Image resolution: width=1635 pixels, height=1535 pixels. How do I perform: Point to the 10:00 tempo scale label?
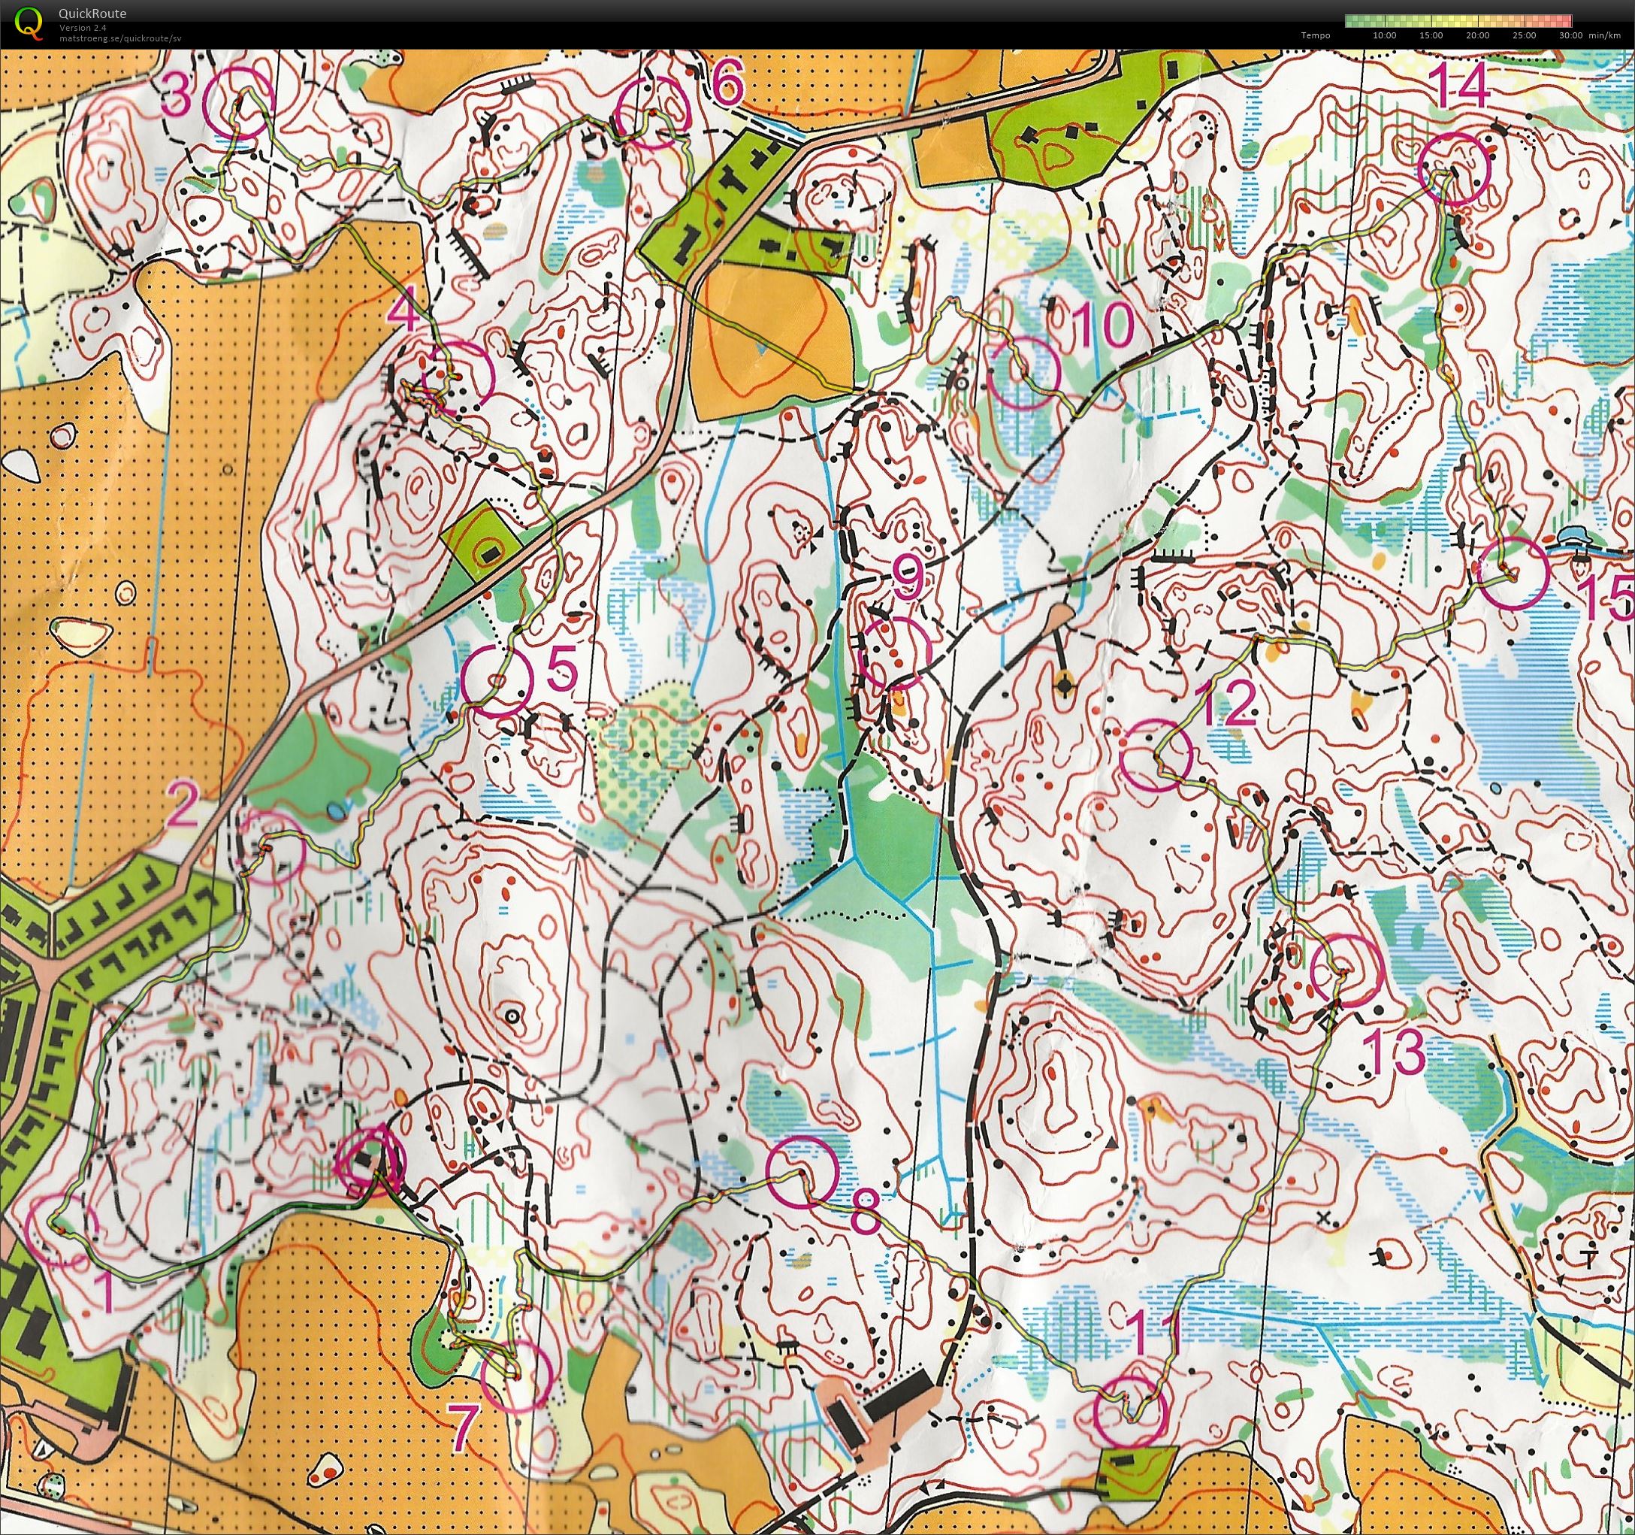tap(1385, 35)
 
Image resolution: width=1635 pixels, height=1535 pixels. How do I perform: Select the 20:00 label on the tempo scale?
tap(1478, 35)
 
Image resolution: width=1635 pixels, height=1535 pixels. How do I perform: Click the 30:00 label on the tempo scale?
tap(1570, 35)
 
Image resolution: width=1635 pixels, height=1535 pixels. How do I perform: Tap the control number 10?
tap(1104, 325)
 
